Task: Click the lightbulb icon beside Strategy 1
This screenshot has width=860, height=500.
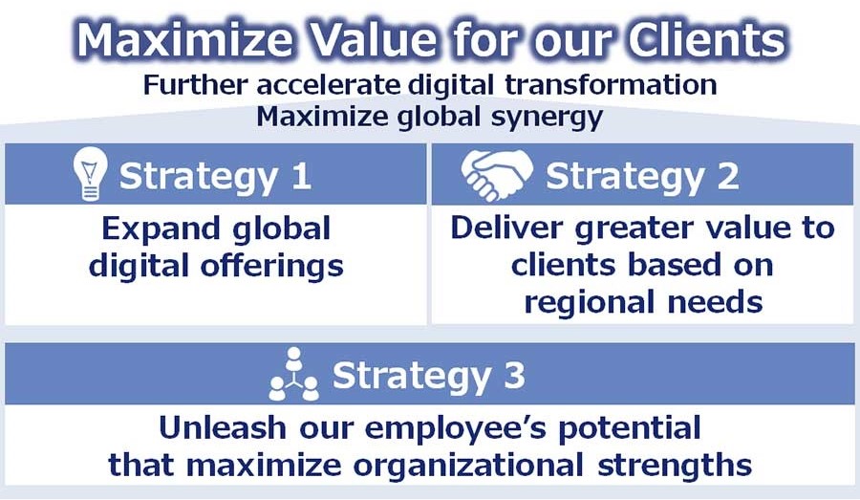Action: click(90, 174)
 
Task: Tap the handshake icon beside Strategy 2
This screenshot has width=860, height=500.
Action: click(497, 175)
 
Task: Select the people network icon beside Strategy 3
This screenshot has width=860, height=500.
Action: click(294, 374)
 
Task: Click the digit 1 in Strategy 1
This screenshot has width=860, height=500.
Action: click(302, 176)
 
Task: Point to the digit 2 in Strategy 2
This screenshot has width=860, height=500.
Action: click(728, 176)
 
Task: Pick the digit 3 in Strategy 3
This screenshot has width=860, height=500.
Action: click(514, 376)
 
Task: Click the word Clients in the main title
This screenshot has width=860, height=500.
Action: click(707, 40)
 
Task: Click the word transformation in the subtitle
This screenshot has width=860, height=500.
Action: click(611, 85)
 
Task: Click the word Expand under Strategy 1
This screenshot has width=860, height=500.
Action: click(161, 229)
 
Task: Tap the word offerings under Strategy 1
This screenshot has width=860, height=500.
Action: click(271, 267)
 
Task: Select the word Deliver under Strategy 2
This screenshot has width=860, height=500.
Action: click(506, 228)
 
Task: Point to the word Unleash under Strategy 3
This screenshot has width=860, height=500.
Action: click(222, 427)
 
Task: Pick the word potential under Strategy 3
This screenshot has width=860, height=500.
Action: click(630, 428)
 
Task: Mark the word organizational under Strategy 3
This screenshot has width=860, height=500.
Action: click(468, 466)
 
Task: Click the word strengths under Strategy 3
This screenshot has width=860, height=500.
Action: click(675, 466)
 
